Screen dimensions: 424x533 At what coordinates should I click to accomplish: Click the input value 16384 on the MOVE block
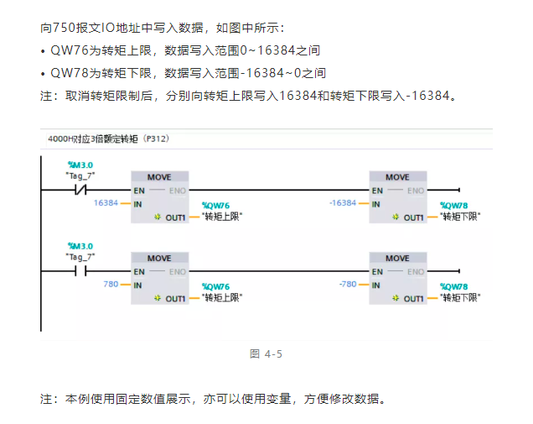[x=106, y=203]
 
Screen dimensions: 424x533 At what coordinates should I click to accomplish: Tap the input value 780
[x=111, y=285]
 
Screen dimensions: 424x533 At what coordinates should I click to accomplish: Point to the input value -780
[x=347, y=285]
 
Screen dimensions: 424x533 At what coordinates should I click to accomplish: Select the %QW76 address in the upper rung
[x=215, y=206]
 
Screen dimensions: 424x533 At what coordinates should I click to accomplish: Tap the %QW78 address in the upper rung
[x=454, y=206]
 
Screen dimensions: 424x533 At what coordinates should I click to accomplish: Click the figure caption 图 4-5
[x=266, y=354]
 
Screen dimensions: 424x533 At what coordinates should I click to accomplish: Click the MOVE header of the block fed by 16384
[x=159, y=177]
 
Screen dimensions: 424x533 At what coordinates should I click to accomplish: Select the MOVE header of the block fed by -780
[x=397, y=259]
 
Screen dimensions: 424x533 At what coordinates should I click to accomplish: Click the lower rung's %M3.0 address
[x=80, y=246]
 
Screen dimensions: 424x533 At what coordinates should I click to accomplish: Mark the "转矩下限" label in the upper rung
[x=460, y=217]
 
